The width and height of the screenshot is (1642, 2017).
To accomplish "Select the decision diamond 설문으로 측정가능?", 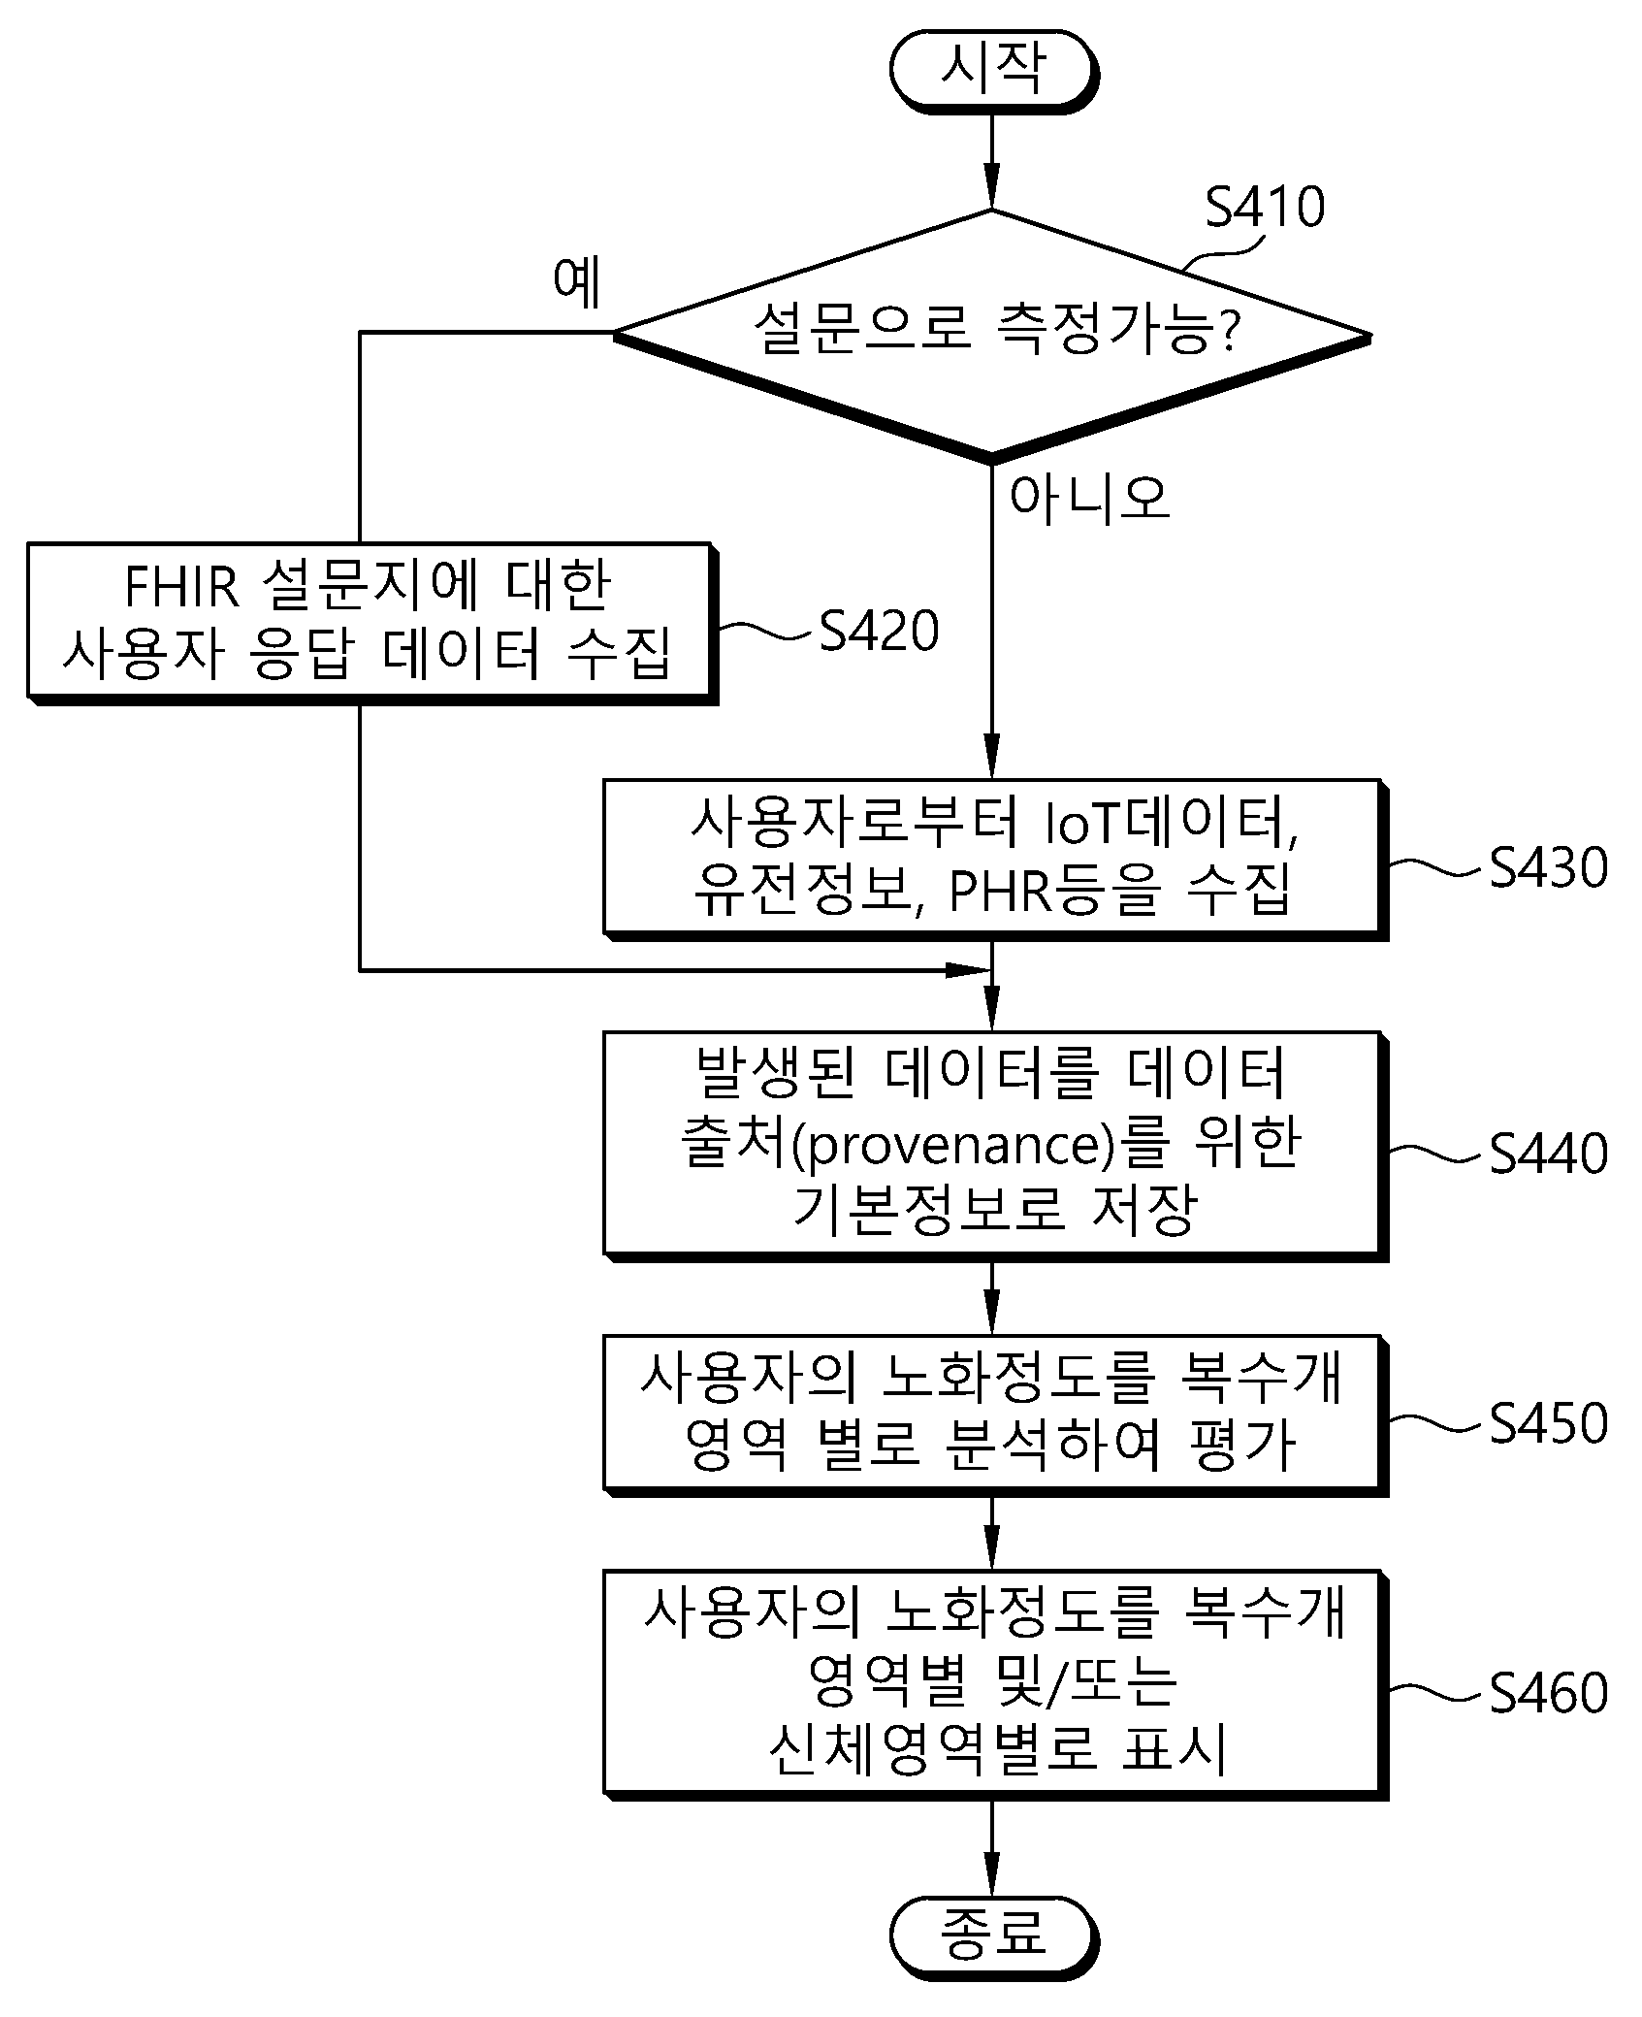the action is tap(992, 335).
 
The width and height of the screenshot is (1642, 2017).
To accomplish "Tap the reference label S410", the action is tap(1265, 208).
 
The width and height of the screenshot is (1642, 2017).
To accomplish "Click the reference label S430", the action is tap(1549, 867).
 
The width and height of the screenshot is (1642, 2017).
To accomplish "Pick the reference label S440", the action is tap(1549, 1154).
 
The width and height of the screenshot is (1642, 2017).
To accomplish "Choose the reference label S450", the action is tap(1549, 1423).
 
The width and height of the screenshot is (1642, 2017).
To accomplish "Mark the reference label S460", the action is tap(1549, 1693).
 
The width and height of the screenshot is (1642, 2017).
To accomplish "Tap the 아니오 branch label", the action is tap(1089, 499).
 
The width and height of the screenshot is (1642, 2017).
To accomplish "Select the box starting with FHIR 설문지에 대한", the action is tap(371, 623).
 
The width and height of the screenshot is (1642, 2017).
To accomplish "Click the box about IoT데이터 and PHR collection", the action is tap(995, 859).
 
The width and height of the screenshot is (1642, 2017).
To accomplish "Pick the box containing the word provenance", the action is tap(995, 1146).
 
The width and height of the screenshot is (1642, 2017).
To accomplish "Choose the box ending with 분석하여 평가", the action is tap(995, 1415).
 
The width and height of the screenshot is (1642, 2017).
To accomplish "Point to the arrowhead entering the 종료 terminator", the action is tap(992, 1877).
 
